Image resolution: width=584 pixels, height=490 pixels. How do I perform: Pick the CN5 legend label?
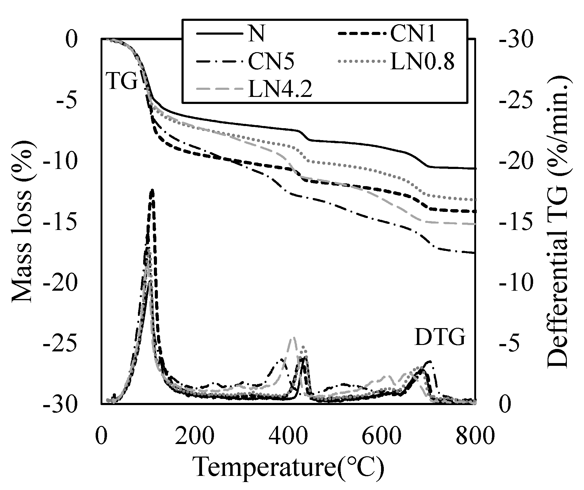tap(271, 62)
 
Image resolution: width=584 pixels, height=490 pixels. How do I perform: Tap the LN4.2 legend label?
tap(280, 89)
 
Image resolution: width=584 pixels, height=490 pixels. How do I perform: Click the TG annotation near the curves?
tap(121, 82)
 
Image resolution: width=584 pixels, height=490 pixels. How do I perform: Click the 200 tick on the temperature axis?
tap(195, 435)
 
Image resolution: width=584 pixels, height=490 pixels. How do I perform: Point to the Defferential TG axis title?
tap(557, 221)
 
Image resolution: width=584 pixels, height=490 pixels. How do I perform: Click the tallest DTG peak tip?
tap(152, 190)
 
